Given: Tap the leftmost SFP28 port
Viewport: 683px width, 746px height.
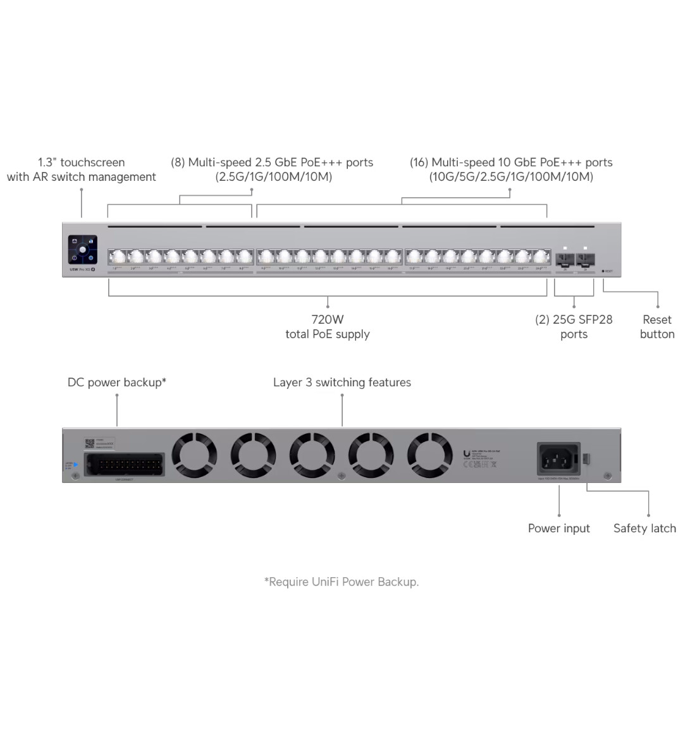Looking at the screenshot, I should (x=565, y=259).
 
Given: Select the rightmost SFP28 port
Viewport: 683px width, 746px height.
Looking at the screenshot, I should (x=585, y=259).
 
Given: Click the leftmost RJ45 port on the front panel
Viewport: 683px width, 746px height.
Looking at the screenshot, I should (x=117, y=257).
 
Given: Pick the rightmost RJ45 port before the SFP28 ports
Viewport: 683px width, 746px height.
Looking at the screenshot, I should (x=541, y=257).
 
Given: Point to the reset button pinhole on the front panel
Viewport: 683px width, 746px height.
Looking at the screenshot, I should (x=603, y=271).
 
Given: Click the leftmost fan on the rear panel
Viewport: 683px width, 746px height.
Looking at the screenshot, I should (x=194, y=455).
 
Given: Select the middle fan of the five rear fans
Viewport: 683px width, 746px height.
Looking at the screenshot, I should (x=312, y=455).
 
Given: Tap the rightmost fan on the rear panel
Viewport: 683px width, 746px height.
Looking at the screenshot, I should (x=429, y=455).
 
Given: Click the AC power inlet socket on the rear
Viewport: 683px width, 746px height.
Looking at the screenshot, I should (x=558, y=458).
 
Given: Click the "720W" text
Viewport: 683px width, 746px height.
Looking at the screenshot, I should (x=328, y=320).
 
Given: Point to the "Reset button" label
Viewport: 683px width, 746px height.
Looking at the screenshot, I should (x=657, y=327).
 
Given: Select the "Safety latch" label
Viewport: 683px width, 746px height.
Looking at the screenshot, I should (x=644, y=529).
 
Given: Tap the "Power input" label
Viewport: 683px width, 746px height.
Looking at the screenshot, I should (x=558, y=529).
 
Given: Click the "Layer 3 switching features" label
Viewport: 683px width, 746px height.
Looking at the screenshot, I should (x=342, y=382).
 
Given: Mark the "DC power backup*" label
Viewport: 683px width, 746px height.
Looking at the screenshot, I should (x=117, y=382).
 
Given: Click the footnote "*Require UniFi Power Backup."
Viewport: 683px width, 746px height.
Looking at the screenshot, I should (x=341, y=582).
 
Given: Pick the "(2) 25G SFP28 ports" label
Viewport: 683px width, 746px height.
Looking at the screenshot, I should (x=574, y=327).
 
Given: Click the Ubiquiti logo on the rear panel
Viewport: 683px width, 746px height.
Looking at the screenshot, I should (x=467, y=453).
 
